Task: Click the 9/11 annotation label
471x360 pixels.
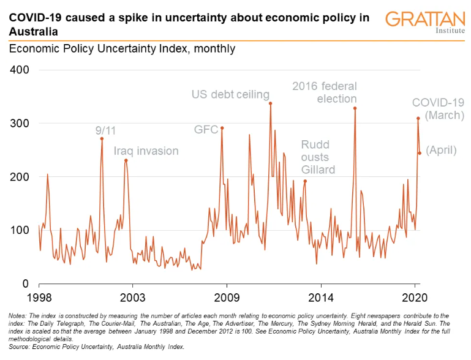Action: (x=105, y=130)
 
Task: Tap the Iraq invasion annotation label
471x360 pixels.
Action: (x=146, y=151)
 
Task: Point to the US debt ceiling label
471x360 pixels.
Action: (x=230, y=94)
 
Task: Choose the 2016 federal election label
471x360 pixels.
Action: (x=325, y=92)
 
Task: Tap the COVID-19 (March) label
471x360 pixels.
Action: (x=437, y=108)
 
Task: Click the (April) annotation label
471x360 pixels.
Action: (x=441, y=149)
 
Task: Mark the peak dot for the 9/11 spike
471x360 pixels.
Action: (x=102, y=138)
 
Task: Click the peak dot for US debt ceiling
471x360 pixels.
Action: (x=270, y=103)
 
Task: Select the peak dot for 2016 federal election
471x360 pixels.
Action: (x=355, y=108)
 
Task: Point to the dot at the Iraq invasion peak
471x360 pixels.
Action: (x=126, y=160)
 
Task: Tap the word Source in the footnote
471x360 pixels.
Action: (x=20, y=347)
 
